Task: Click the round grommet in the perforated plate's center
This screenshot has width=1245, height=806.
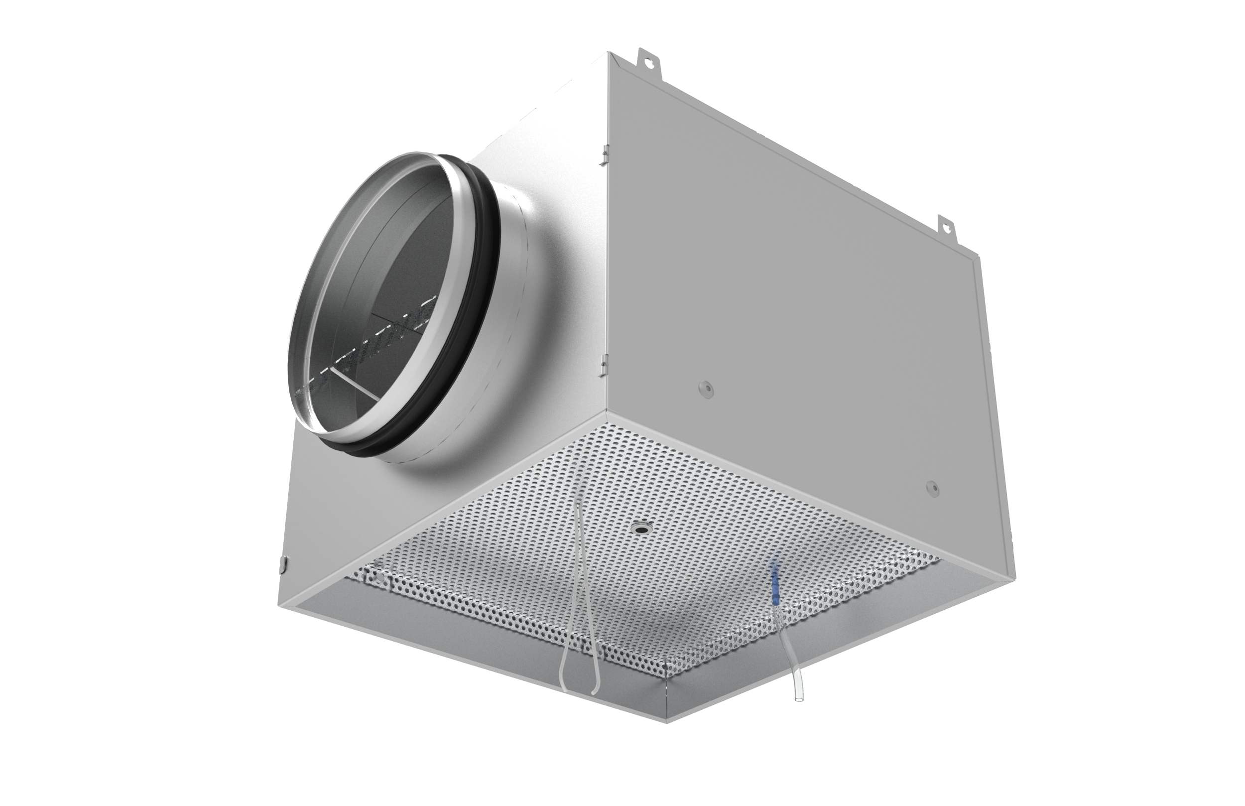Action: (x=639, y=543)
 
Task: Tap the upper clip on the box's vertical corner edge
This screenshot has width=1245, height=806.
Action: (x=605, y=154)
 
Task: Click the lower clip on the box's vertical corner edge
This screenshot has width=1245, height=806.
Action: (x=604, y=366)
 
